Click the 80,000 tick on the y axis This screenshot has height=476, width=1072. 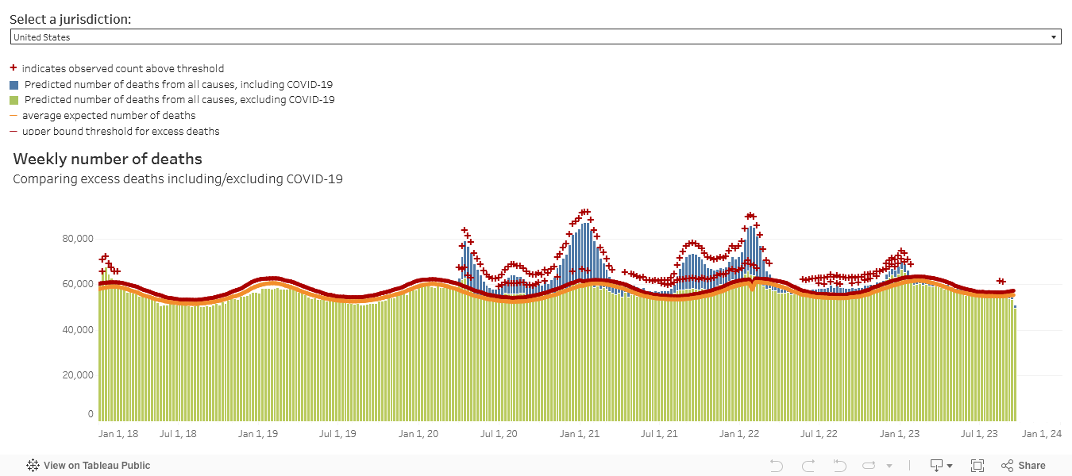pyautogui.click(x=77, y=239)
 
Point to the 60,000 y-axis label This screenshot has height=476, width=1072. pyautogui.click(x=77, y=284)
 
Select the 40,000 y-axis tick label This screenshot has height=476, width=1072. pyautogui.click(x=77, y=330)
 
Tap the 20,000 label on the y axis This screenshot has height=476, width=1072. pyautogui.click(x=77, y=375)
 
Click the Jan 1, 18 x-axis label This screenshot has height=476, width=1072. pyautogui.click(x=118, y=434)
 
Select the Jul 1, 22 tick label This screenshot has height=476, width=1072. pyautogui.click(x=819, y=434)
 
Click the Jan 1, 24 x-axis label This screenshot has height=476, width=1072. pyautogui.click(x=1042, y=434)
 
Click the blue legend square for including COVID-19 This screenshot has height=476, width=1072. pyautogui.click(x=13, y=85)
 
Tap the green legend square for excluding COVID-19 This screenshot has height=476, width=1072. pyautogui.click(x=13, y=101)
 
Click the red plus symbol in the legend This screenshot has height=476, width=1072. pyautogui.click(x=13, y=68)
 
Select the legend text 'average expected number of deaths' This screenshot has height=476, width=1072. pyautogui.click(x=109, y=116)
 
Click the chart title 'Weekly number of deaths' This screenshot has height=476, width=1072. pyautogui.click(x=107, y=159)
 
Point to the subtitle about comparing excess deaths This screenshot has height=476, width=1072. pyautogui.click(x=178, y=179)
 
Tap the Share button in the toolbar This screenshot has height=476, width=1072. pyautogui.click(x=1024, y=466)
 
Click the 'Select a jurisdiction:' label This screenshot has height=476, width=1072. pyautogui.click(x=70, y=20)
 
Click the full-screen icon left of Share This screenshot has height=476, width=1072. pyautogui.click(x=978, y=466)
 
